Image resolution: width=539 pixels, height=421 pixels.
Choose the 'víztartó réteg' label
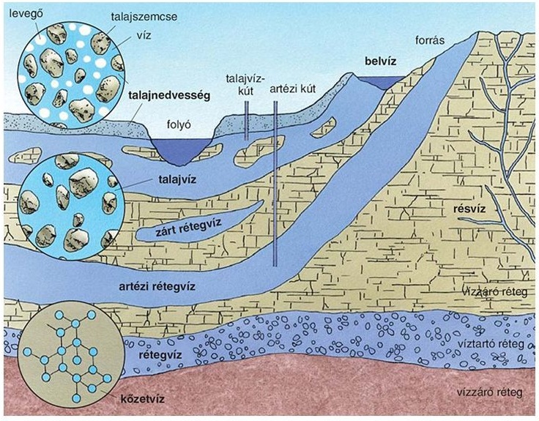(x=499, y=342)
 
